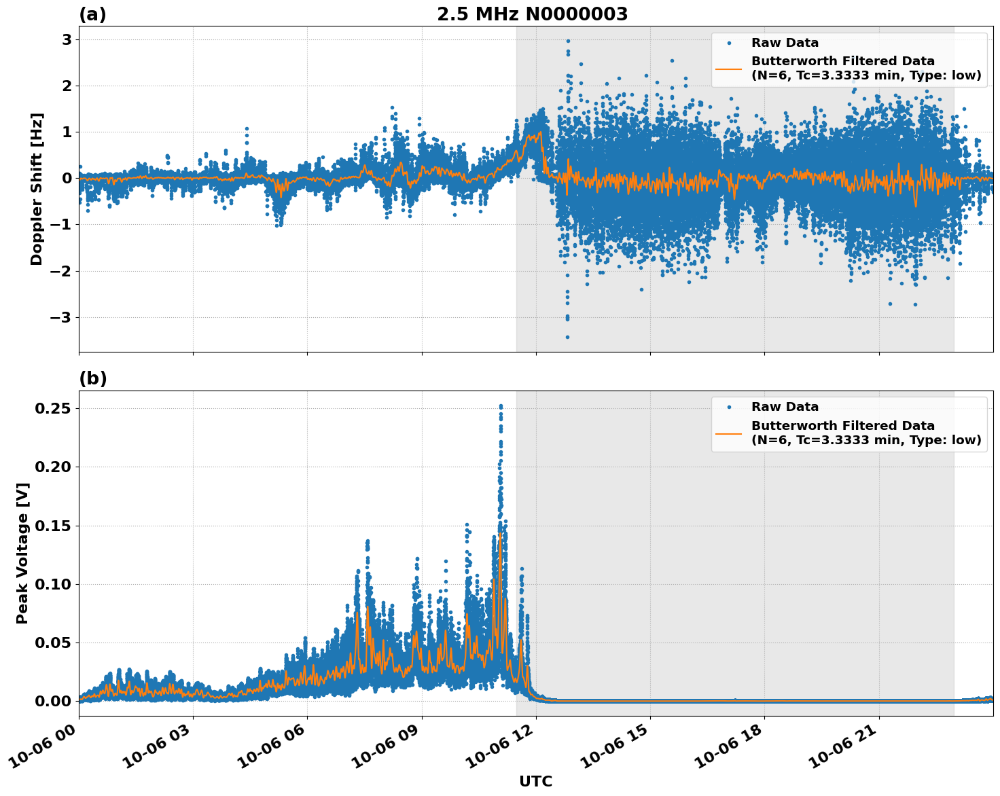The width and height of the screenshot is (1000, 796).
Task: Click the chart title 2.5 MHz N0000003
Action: pyautogui.click(x=532, y=14)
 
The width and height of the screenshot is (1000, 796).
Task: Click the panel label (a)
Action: pyautogui.click(x=92, y=14)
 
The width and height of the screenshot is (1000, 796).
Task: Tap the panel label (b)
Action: pyautogui.click(x=92, y=379)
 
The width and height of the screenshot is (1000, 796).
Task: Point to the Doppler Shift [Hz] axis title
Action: pyautogui.click(x=37, y=189)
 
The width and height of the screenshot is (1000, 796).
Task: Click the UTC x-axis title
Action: pyautogui.click(x=535, y=781)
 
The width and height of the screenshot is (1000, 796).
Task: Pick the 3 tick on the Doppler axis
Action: pyautogui.click(x=67, y=40)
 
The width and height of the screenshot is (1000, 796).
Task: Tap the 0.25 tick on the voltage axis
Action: pyautogui.click(x=56, y=408)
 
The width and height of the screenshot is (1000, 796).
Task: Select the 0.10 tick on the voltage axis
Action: pyautogui.click(x=56, y=584)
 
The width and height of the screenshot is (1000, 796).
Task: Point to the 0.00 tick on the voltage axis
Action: pyautogui.click(x=56, y=701)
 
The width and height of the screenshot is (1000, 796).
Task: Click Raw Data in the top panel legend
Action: pyautogui.click(x=785, y=43)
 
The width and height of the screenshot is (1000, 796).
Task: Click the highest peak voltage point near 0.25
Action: pyautogui.click(x=501, y=406)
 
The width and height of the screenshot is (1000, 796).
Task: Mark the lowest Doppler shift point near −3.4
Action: pyautogui.click(x=567, y=337)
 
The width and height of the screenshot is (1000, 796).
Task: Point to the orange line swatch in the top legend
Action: pyautogui.click(x=728, y=68)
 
